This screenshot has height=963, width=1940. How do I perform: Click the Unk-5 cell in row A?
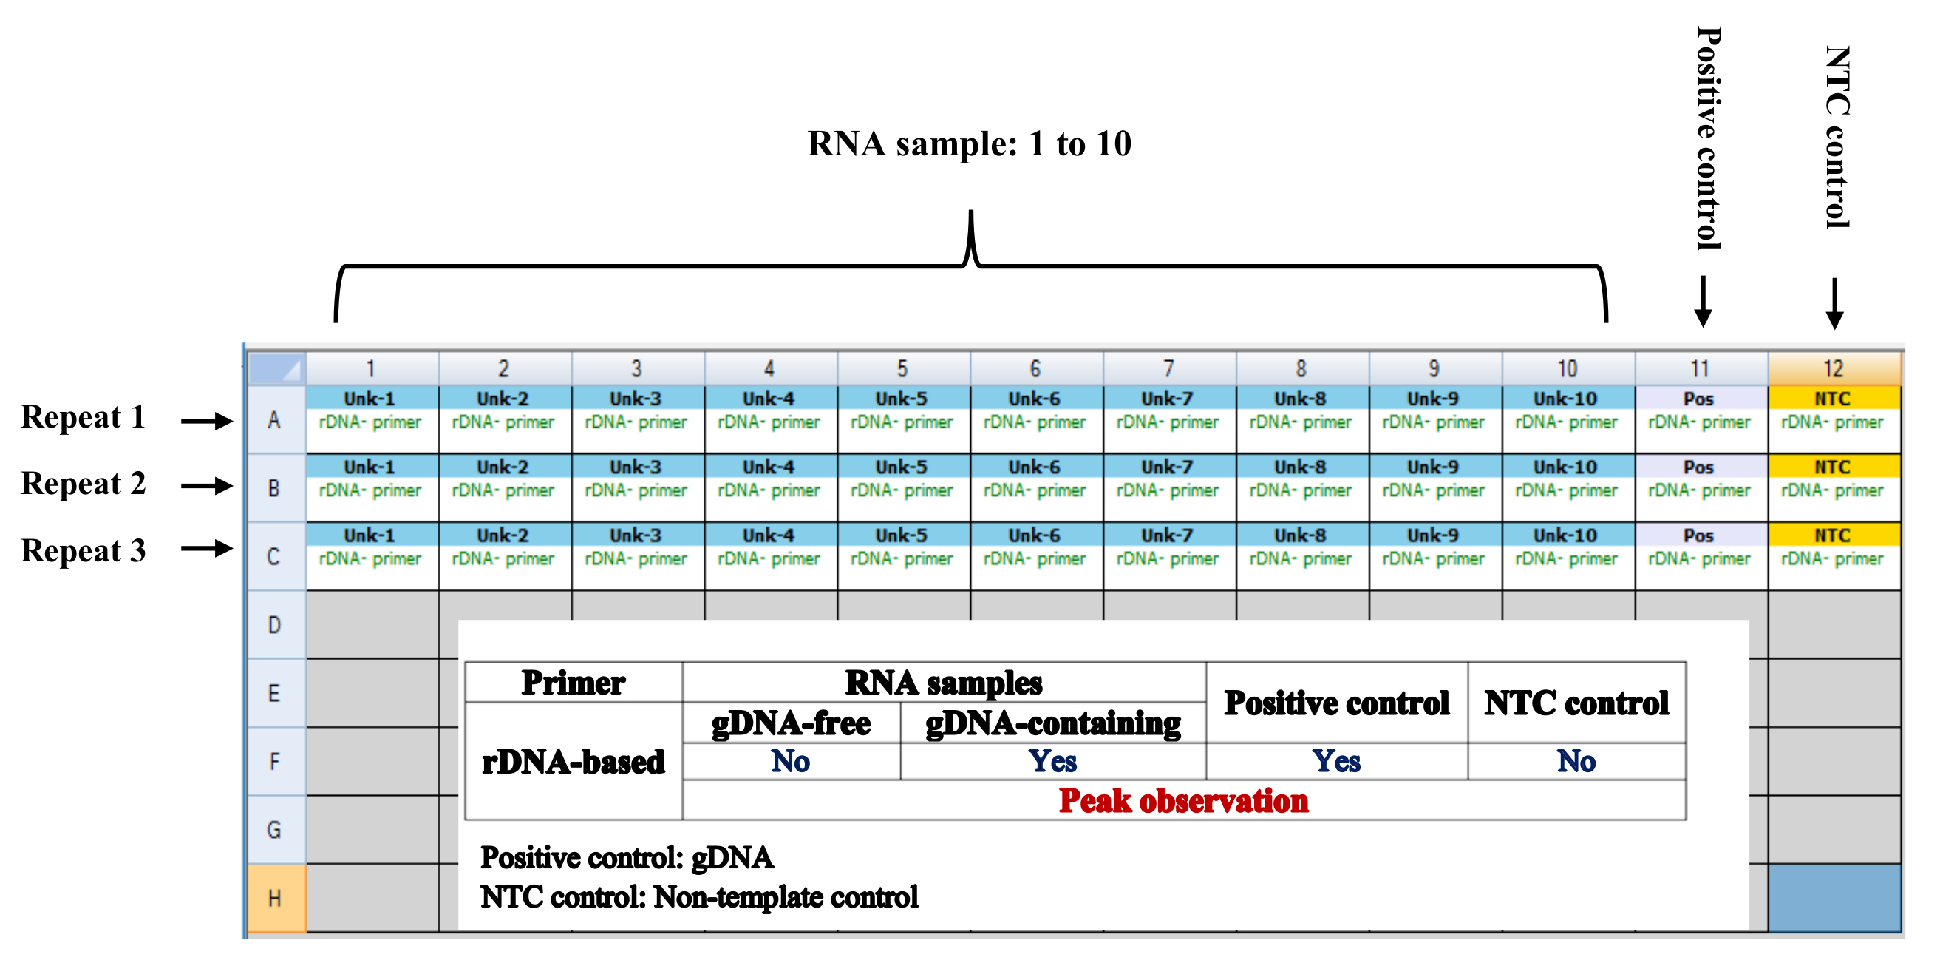902,410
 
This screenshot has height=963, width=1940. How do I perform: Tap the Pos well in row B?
1699,479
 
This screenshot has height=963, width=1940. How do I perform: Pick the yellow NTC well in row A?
1832,410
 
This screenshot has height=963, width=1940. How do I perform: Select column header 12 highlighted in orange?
1833,368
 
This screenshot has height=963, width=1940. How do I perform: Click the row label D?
275,625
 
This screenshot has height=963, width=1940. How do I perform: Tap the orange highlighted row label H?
275,898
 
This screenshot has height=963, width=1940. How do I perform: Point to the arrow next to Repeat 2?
206,485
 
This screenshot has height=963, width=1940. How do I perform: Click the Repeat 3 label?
83,551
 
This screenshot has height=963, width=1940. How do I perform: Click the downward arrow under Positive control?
1703,302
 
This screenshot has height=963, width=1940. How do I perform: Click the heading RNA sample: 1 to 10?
969,144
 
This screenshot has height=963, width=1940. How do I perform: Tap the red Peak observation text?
1183,801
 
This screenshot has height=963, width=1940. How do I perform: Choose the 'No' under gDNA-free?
791,762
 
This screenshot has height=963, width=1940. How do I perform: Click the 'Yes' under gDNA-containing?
1053,762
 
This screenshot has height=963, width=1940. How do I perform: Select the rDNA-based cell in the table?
573,762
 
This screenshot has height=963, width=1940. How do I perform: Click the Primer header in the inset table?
573,683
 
